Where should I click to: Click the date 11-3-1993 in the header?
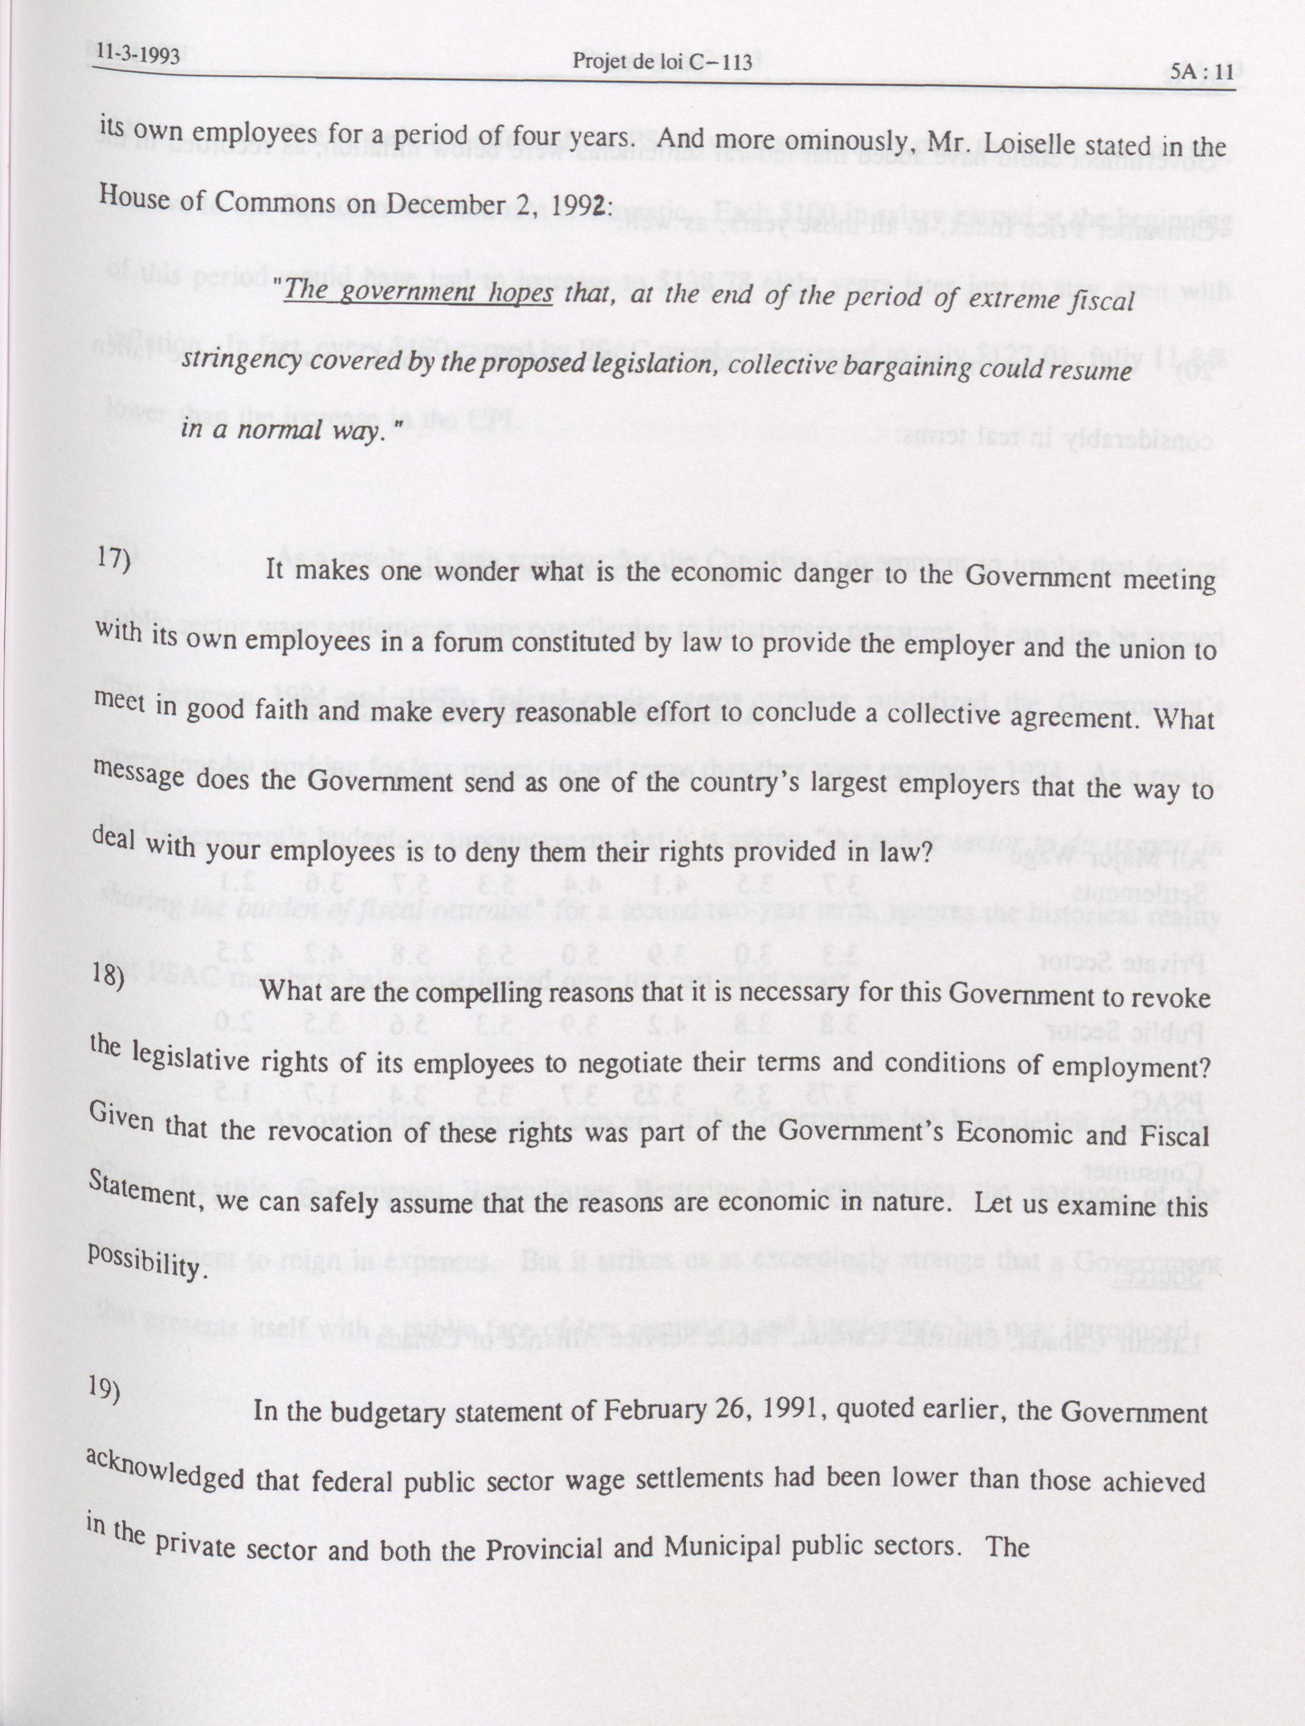click(x=138, y=55)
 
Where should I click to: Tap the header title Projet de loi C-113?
click(x=661, y=62)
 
